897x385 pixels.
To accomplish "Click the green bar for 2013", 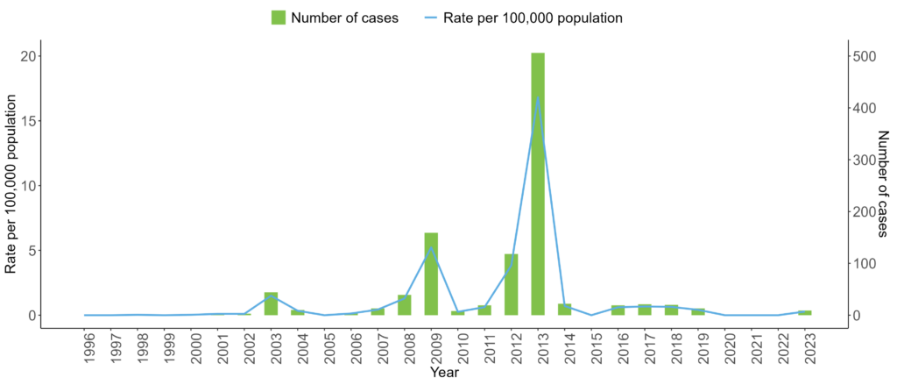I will [x=538, y=184].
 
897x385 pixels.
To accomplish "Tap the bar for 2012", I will [x=511, y=284].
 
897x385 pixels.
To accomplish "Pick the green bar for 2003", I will [x=271, y=303].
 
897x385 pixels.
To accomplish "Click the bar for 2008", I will [x=404, y=305].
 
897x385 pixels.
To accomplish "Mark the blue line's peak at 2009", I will [x=431, y=247].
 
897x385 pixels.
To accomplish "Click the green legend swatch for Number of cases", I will [x=279, y=18].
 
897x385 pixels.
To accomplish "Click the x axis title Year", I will [x=445, y=373].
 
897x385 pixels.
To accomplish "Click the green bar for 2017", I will [x=645, y=310].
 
